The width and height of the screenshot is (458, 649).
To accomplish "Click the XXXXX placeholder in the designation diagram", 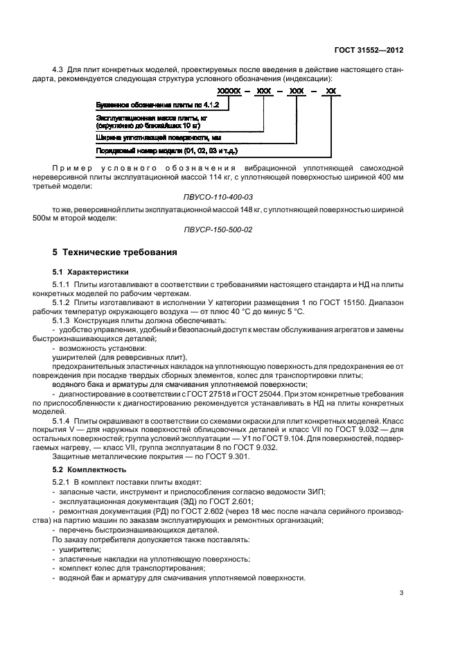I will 228,91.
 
